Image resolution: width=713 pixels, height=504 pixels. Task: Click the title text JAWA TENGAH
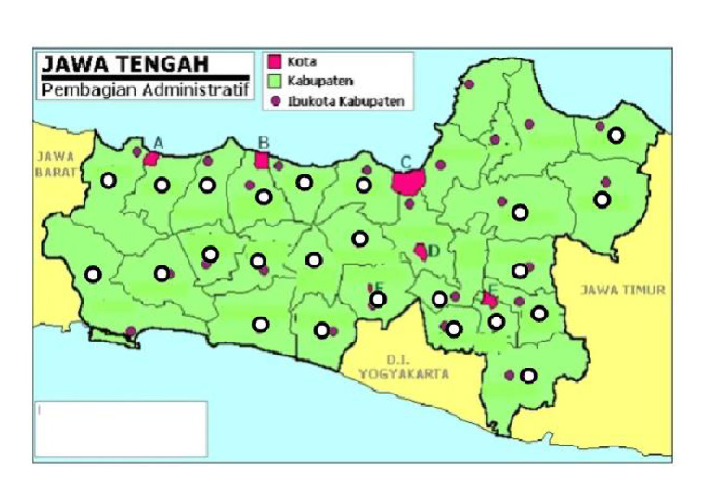point(124,64)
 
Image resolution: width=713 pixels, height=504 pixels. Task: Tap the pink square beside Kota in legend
point(274,63)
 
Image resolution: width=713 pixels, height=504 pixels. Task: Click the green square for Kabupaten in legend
point(274,82)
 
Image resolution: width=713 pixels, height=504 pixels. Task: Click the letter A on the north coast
point(158,142)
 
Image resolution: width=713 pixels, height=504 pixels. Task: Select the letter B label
point(263,142)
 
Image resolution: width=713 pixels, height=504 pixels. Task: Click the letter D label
point(434,250)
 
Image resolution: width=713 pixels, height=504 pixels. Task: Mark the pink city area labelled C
point(408,180)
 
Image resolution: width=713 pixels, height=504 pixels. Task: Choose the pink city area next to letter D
point(421,251)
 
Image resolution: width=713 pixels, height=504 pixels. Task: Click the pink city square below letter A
point(151,159)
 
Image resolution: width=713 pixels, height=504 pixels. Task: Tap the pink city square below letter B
point(262,160)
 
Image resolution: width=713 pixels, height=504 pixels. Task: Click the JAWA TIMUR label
point(623,290)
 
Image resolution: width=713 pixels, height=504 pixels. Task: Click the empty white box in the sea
point(121,428)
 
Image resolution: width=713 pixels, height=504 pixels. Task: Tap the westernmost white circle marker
point(92,274)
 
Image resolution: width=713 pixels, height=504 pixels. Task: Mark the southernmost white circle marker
point(528,376)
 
